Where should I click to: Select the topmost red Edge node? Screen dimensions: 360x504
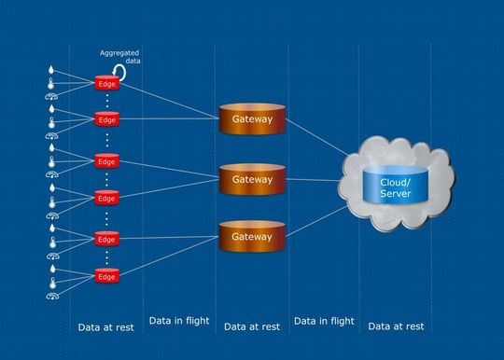107,83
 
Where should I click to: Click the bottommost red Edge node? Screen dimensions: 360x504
107,276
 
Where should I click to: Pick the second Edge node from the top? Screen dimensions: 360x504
107,120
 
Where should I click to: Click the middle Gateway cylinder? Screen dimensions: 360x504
251,179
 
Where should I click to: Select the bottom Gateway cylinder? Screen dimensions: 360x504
251,237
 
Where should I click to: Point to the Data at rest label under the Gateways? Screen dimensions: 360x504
252,326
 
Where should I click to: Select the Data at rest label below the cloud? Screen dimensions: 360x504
396,326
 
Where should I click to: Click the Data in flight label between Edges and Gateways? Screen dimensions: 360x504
178,322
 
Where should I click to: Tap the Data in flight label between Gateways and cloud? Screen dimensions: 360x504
324,322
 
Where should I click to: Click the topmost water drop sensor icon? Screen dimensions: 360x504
51,69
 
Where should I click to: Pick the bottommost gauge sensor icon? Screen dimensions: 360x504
51,296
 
